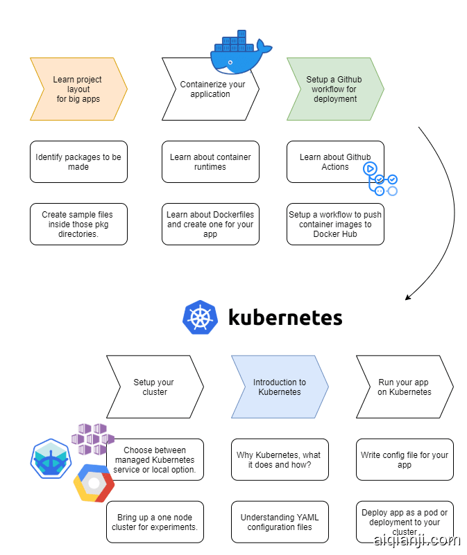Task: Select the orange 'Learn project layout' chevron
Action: pos(78,89)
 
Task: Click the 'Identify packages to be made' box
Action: pos(78,162)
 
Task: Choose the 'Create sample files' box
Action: pos(78,224)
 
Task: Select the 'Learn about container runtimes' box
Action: pos(210,162)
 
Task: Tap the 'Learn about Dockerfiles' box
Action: pos(210,224)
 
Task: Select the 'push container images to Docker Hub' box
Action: pos(335,224)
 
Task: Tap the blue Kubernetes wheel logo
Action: pos(201,318)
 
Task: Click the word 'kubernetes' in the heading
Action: pos(285,318)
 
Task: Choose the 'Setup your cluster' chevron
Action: pos(155,387)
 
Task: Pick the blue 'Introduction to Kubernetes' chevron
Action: pos(280,387)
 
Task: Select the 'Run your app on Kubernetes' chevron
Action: pos(405,387)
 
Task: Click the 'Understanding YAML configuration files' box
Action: pos(280,522)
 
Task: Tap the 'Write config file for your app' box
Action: pos(405,460)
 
